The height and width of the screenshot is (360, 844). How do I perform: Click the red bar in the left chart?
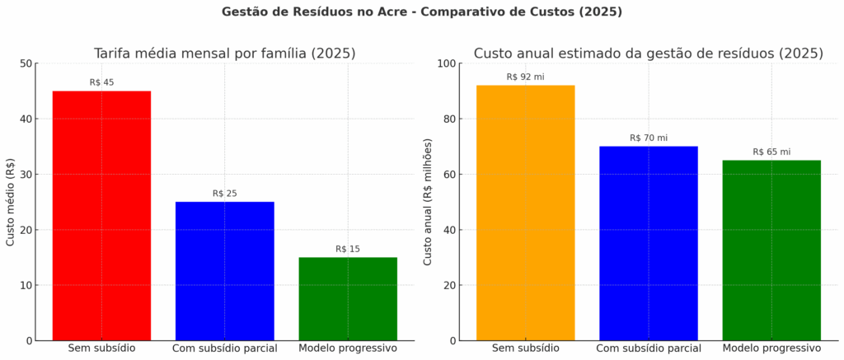[101, 216]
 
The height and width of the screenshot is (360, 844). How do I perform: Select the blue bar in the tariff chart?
[224, 271]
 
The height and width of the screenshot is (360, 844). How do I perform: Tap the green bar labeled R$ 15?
[347, 298]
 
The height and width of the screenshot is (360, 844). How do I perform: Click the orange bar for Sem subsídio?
[525, 213]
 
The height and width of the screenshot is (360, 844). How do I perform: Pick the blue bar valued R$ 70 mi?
[649, 243]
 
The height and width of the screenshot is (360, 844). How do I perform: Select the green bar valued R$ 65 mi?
[771, 250]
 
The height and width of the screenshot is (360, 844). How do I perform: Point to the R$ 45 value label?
[101, 82]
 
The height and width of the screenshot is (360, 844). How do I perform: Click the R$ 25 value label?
[224, 194]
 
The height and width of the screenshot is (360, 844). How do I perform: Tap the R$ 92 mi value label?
[525, 77]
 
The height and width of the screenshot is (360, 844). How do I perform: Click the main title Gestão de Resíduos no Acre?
[422, 12]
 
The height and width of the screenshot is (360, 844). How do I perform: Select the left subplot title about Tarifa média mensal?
[224, 54]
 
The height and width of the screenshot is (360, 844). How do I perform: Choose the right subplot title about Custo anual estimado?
[648, 54]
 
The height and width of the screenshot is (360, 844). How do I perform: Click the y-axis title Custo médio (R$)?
[11, 203]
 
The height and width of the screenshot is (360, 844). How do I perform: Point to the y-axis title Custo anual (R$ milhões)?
[427, 203]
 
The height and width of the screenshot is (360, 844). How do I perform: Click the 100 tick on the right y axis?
[446, 63]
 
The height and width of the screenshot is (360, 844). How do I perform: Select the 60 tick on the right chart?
[449, 175]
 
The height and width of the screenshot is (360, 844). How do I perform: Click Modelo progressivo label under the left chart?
[347, 348]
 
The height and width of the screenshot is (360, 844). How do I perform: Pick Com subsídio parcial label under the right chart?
[649, 348]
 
